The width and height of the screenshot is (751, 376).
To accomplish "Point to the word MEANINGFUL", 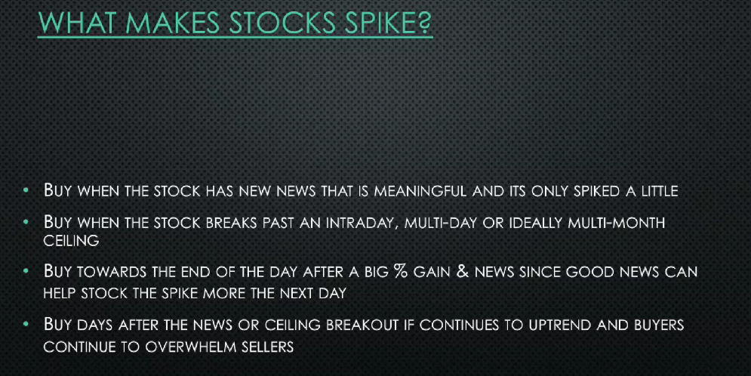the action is pyautogui.click(x=420, y=192).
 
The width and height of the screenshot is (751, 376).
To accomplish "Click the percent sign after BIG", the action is pyautogui.click(x=399, y=271).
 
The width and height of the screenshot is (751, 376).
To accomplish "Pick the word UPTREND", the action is pyautogui.click(x=559, y=325).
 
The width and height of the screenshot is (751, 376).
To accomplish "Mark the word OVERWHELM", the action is pyautogui.click(x=190, y=347).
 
